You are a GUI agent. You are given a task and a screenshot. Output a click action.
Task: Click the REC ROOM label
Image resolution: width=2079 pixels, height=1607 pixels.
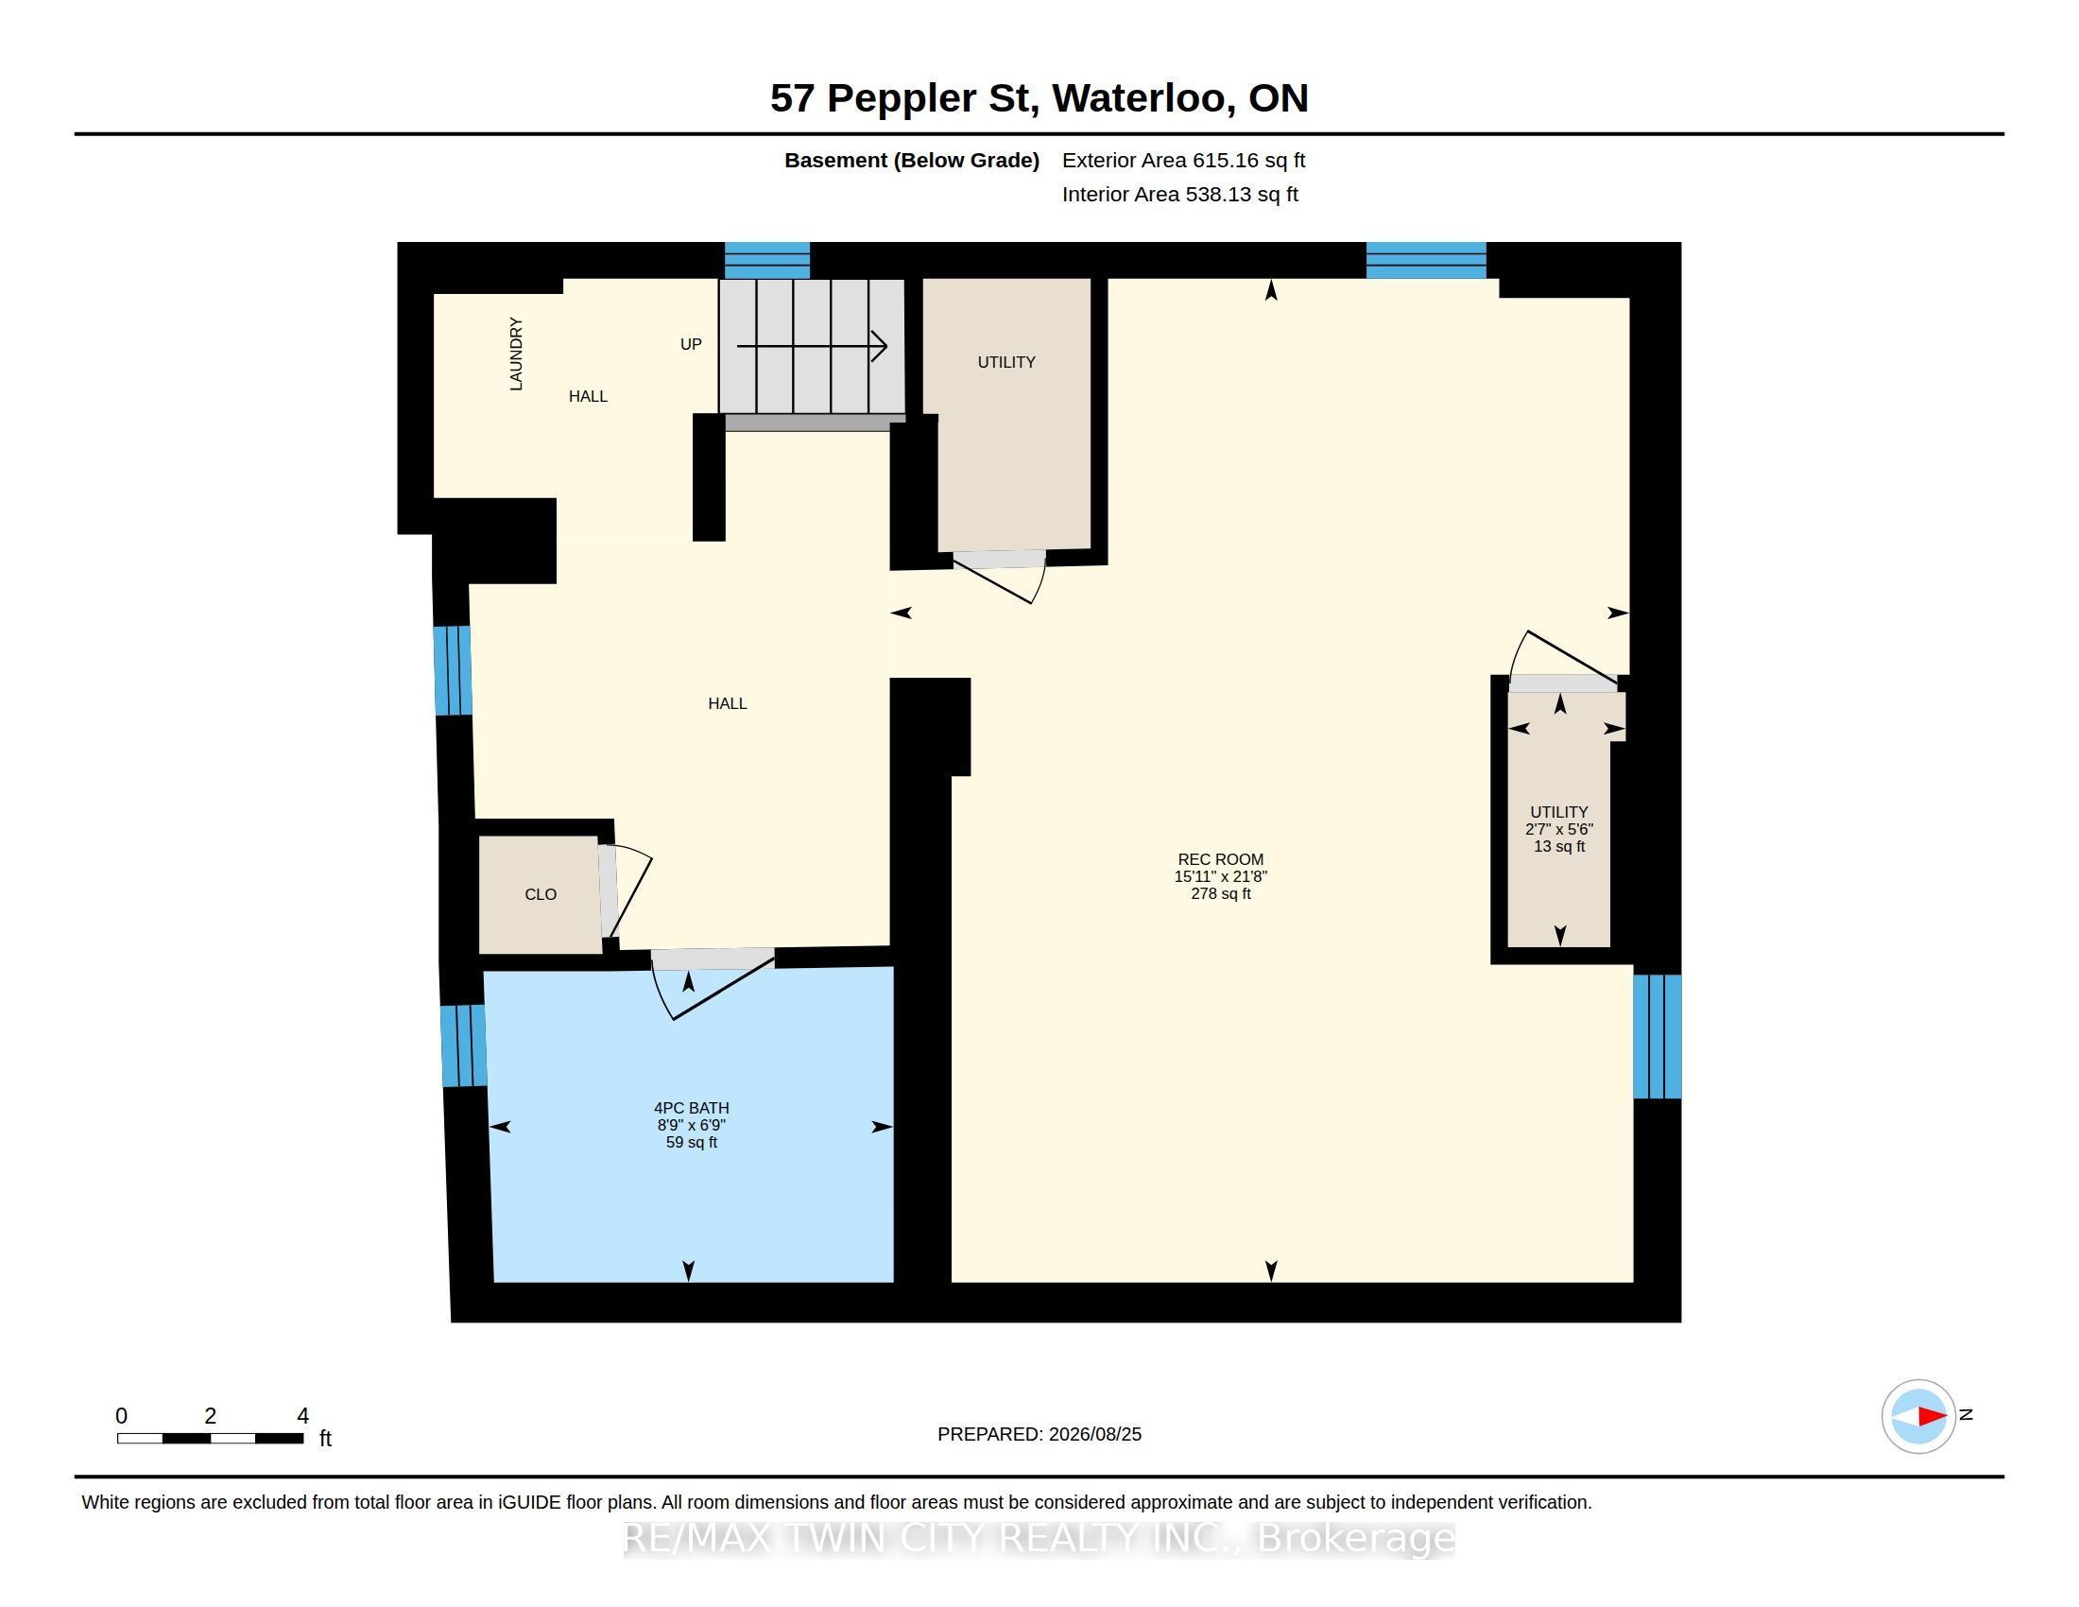coord(1220,859)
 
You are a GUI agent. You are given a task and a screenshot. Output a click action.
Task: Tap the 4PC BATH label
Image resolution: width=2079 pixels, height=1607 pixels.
coord(691,1108)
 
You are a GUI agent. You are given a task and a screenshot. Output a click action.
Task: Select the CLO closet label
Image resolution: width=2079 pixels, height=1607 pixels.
coord(541,895)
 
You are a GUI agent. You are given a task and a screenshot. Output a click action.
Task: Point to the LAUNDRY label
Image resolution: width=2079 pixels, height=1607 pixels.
coord(516,354)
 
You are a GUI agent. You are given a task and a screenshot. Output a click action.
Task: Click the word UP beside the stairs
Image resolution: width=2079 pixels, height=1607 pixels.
coord(691,345)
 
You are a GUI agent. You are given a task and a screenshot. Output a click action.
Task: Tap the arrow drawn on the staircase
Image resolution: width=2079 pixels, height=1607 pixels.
coord(812,346)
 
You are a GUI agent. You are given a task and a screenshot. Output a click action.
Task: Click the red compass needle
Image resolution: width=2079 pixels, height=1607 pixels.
coord(1932,1417)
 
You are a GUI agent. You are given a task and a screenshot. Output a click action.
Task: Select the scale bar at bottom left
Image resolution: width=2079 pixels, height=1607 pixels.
coord(211,1439)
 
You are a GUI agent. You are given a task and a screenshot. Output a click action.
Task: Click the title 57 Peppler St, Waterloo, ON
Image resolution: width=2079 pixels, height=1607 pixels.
coord(1039,98)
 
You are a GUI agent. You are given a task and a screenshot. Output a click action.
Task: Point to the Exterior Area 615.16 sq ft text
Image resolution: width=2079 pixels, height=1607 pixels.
coord(1183,161)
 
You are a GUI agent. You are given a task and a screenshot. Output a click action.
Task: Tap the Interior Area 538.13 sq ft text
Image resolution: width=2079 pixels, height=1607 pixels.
coord(1180,195)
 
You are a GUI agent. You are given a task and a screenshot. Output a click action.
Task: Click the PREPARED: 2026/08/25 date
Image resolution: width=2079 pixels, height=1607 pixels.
coord(1039,1435)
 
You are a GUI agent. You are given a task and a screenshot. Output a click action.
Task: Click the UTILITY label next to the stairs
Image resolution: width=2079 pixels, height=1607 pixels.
coord(1006,363)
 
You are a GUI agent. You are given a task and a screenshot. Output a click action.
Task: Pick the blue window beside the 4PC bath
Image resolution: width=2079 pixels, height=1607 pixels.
coord(464,1046)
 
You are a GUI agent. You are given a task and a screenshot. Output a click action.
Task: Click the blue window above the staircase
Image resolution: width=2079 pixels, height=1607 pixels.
coord(767,260)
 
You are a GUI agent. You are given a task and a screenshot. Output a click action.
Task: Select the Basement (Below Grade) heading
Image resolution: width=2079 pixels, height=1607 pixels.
coord(912,161)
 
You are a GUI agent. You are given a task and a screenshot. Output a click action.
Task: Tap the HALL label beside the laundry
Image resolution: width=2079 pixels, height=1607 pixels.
coord(589,397)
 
